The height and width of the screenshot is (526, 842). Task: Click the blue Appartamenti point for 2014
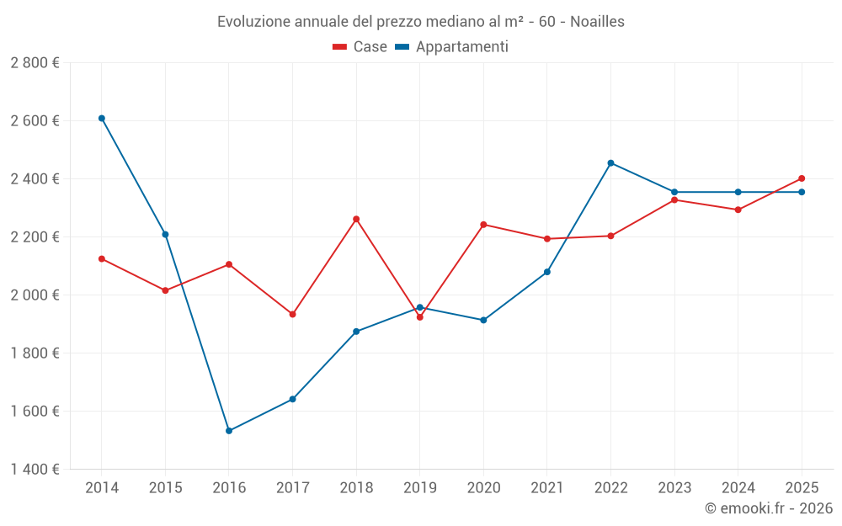[102, 119]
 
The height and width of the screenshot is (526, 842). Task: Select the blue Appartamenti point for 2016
[229, 431]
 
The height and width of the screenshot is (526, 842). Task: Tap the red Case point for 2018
[356, 219]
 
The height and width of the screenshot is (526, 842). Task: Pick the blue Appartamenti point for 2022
[610, 163]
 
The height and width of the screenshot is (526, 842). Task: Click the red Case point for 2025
[802, 178]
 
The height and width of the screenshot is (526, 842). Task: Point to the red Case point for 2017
[292, 314]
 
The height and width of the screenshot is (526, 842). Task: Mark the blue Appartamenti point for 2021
[547, 272]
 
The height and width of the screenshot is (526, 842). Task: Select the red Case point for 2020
[483, 225]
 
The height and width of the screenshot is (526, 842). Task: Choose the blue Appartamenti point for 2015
[165, 234]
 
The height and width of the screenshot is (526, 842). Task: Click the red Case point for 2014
[102, 258]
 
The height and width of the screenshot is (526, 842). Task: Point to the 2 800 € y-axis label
[35, 62]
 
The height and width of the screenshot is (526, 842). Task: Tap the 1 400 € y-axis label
[35, 469]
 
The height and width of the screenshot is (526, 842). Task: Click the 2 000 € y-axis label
[35, 295]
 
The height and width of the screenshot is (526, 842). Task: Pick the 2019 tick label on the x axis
[420, 487]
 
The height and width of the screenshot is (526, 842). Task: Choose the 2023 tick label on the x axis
[674, 487]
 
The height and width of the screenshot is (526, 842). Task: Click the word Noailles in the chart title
[597, 22]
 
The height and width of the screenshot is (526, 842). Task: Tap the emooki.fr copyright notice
[768, 508]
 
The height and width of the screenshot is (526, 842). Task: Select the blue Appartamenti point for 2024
[738, 192]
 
